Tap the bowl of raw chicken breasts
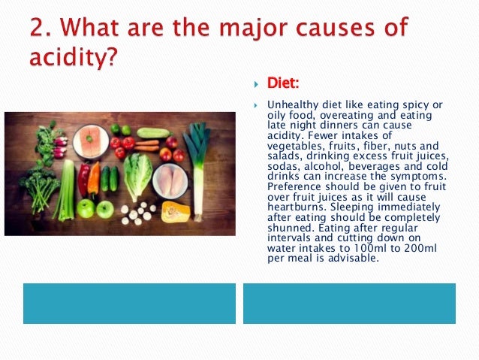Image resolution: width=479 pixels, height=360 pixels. coord(170,180)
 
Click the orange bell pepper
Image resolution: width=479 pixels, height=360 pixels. coord(94,179)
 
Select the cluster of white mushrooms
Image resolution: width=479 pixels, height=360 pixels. coord(136,214)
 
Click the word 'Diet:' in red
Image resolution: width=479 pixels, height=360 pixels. coord(284,83)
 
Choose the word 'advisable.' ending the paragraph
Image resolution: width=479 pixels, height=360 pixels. coord(352,259)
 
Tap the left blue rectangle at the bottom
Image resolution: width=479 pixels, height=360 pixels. coord(129,303)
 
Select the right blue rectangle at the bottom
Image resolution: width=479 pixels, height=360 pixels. coord(349,303)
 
